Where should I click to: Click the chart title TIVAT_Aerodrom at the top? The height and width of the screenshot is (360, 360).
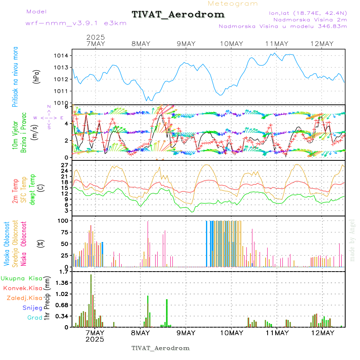[x=178, y=14]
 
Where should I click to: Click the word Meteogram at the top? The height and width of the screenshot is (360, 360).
[x=233, y=4]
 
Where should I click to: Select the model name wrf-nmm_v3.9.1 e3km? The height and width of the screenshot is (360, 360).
[x=76, y=23]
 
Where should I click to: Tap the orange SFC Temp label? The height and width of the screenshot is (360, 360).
[x=23, y=190]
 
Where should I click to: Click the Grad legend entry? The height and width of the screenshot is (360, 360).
[x=34, y=318]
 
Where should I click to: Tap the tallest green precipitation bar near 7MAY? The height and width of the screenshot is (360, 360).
[x=91, y=300]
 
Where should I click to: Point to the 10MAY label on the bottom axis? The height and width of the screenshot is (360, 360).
[x=231, y=333]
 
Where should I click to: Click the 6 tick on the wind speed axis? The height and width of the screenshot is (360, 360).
[x=68, y=107]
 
